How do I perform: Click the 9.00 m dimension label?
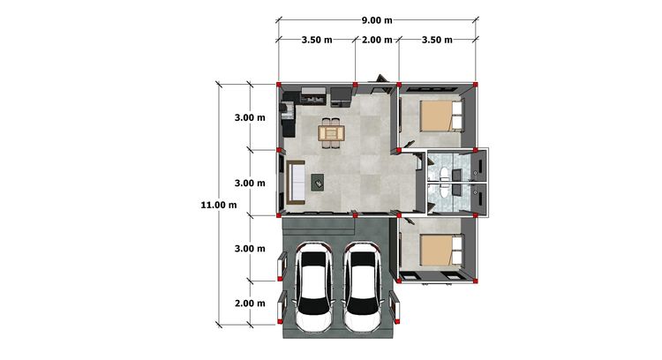(377, 20)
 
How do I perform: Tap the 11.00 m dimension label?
(219, 205)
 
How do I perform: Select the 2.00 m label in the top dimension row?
(377, 40)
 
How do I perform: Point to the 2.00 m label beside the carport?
(250, 304)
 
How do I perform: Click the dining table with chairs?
(331, 133)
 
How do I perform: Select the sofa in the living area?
(296, 183)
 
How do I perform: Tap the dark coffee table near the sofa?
(318, 183)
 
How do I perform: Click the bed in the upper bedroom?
(441, 116)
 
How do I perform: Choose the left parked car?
(312, 287)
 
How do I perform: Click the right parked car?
(362, 287)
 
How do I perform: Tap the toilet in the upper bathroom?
(443, 174)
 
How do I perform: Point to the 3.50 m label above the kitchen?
(317, 40)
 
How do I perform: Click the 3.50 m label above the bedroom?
(437, 40)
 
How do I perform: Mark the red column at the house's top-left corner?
(279, 85)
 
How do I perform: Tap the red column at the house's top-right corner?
(476, 85)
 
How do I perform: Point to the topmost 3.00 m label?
(250, 117)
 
